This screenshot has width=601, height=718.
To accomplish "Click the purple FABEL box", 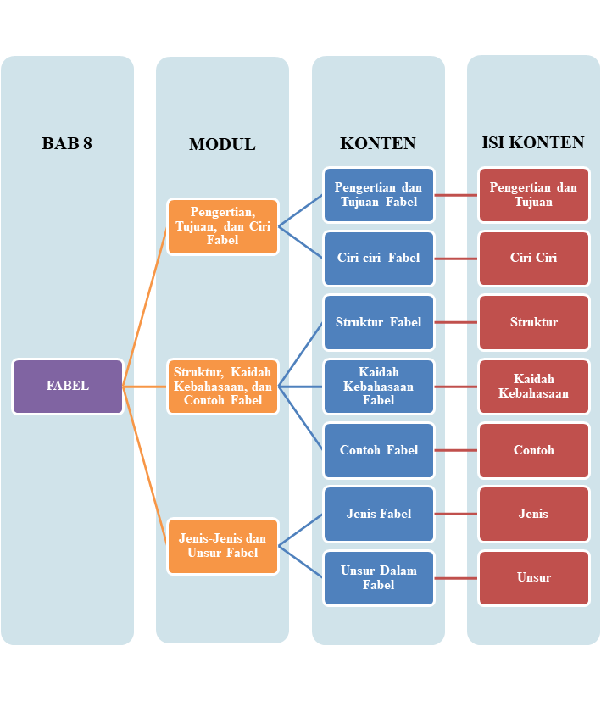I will tap(68, 387).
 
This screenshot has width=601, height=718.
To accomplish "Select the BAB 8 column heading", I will tap(67, 143).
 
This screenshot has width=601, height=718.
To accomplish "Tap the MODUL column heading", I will tap(222, 144).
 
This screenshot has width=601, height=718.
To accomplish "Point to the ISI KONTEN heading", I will tap(533, 142).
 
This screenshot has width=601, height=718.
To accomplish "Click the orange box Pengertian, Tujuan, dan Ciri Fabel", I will tap(223, 226).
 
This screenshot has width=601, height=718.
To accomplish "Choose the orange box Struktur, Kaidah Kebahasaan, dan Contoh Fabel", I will tap(223, 387).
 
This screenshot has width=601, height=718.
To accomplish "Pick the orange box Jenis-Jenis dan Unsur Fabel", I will tap(223, 546).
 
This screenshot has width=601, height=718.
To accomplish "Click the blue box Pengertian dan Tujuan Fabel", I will tap(379, 195).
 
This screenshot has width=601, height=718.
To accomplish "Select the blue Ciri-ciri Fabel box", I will tap(379, 259).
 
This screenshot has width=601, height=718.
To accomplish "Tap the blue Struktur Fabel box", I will tap(379, 322).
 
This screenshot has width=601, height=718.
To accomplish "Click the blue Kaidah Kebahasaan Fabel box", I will tap(379, 387).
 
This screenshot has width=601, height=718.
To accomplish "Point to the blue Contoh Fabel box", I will tap(379, 450).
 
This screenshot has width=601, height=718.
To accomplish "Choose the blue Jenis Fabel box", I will tap(379, 514).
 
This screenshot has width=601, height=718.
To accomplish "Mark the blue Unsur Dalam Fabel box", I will tap(379, 578).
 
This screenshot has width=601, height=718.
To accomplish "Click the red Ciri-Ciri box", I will tap(534, 259).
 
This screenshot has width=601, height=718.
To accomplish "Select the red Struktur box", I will tap(534, 322).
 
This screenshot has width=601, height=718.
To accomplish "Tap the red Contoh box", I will tap(534, 450).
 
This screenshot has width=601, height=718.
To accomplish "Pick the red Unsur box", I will tap(534, 578).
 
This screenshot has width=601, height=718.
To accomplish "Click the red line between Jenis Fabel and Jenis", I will tap(456, 514).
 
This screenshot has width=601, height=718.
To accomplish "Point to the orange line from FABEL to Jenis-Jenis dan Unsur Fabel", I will tap(145, 466).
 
